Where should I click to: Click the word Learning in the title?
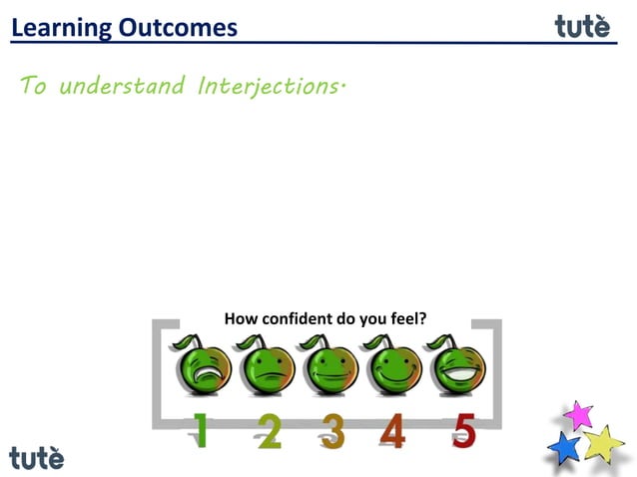61,27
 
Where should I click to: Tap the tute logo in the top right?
582,25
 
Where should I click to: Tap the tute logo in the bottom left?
36,457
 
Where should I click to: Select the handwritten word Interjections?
271,86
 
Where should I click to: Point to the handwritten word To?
34,86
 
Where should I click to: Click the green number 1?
202,432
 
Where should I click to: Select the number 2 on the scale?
269,432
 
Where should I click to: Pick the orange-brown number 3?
333,432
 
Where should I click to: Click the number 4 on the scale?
393,432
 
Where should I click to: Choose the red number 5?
463,432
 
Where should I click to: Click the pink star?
578,414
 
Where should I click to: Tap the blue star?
564,447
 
